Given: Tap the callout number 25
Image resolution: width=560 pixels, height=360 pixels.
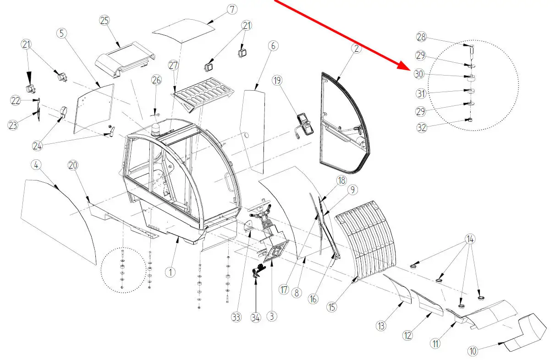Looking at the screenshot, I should tap(105, 21).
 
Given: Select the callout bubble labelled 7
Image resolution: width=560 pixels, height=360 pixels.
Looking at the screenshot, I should tap(232, 9).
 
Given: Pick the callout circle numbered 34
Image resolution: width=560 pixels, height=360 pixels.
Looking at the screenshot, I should tap(255, 317).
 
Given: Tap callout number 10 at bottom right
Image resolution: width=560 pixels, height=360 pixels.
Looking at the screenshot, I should tap(473, 351).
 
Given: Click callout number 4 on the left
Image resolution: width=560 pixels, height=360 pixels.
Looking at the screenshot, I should tap(36, 164).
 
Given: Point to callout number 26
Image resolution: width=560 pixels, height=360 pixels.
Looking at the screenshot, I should tap(156, 80).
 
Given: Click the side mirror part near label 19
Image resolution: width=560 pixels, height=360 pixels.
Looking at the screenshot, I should tap(304, 123).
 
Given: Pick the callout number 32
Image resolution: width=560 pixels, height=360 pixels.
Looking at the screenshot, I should tap(422, 128).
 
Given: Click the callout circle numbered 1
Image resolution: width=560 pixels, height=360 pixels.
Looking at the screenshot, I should tap(170, 272).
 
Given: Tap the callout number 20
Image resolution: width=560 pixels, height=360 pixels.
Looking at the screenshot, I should tap(73, 165).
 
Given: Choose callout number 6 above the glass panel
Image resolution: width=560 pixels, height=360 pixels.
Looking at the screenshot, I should tap(273, 46).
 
